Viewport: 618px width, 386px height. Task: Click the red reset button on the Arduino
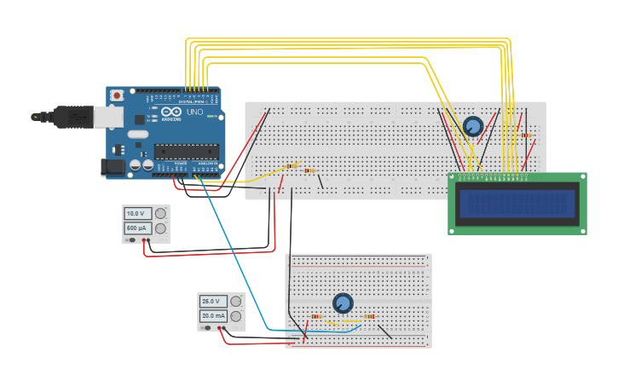pos(117,95)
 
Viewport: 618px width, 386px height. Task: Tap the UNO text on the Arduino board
pos(194,112)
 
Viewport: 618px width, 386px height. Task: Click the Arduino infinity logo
pos(171,112)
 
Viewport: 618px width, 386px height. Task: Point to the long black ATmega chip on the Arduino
pos(186,152)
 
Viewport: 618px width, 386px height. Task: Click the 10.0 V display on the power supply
pos(137,214)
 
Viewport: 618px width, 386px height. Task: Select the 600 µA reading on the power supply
pos(137,228)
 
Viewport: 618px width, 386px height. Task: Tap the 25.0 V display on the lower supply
pos(212,302)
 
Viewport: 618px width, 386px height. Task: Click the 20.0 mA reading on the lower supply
pos(212,316)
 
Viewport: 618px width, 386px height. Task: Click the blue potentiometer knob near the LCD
pos(472,127)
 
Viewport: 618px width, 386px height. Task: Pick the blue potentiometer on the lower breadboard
pos(343,303)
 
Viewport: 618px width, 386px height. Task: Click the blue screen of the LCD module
pos(517,204)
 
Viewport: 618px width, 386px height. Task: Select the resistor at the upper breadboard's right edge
pos(526,135)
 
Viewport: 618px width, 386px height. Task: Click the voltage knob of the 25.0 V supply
pos(235,302)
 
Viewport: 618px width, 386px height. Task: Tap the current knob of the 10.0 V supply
pos(160,228)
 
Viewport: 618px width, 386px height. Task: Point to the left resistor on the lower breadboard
pos(316,317)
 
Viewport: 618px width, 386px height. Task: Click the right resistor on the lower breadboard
pos(369,317)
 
